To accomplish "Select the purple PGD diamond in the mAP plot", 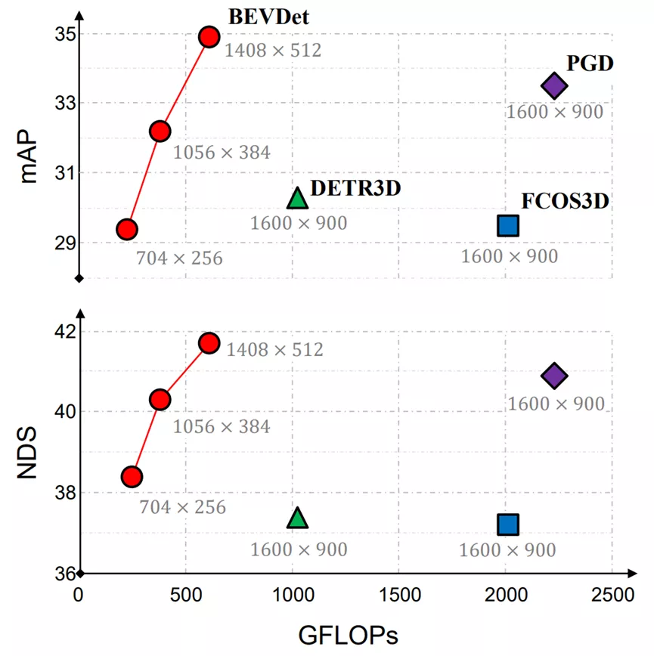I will (554, 86).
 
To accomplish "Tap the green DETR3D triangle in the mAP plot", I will (298, 198).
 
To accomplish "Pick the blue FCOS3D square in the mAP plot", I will (508, 225).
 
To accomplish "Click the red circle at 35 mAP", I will (209, 36).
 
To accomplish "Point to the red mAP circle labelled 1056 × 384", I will (160, 132).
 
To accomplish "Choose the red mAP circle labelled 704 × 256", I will (127, 229).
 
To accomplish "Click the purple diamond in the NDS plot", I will (554, 376).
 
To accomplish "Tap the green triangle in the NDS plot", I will (298, 518).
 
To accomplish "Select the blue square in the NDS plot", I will (508, 524).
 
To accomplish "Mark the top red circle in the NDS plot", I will (209, 343).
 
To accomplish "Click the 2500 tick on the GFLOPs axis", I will (613, 594).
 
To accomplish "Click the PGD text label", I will (590, 63).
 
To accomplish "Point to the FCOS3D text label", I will (566, 201).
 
